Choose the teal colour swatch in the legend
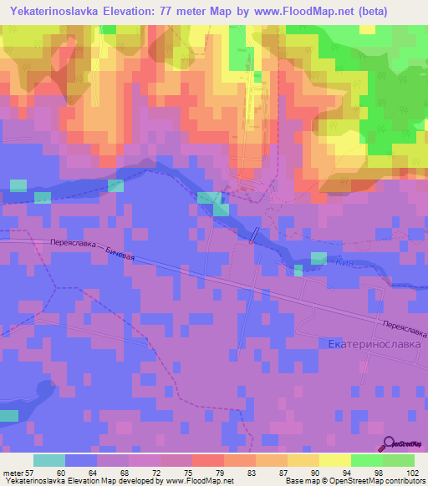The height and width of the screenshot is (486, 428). tap(49, 461)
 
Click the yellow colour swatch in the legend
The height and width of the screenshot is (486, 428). tap(334, 461)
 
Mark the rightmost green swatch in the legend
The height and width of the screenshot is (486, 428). tap(398, 461)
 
